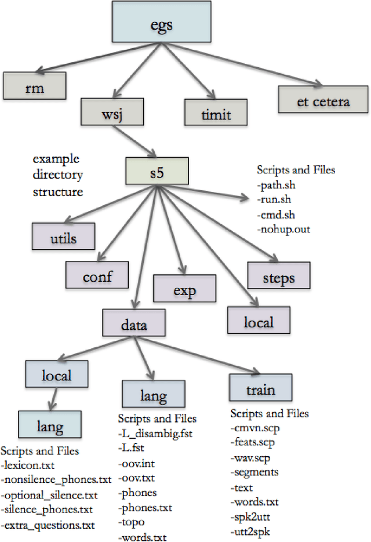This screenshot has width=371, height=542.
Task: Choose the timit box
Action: (216, 112)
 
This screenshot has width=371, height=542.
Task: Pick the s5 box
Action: (157, 170)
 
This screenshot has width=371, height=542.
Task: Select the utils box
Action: (63, 237)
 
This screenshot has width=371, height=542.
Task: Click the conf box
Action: (97, 277)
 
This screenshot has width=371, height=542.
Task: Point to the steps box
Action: (279, 277)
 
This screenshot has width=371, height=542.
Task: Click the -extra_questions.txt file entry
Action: (49, 525)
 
